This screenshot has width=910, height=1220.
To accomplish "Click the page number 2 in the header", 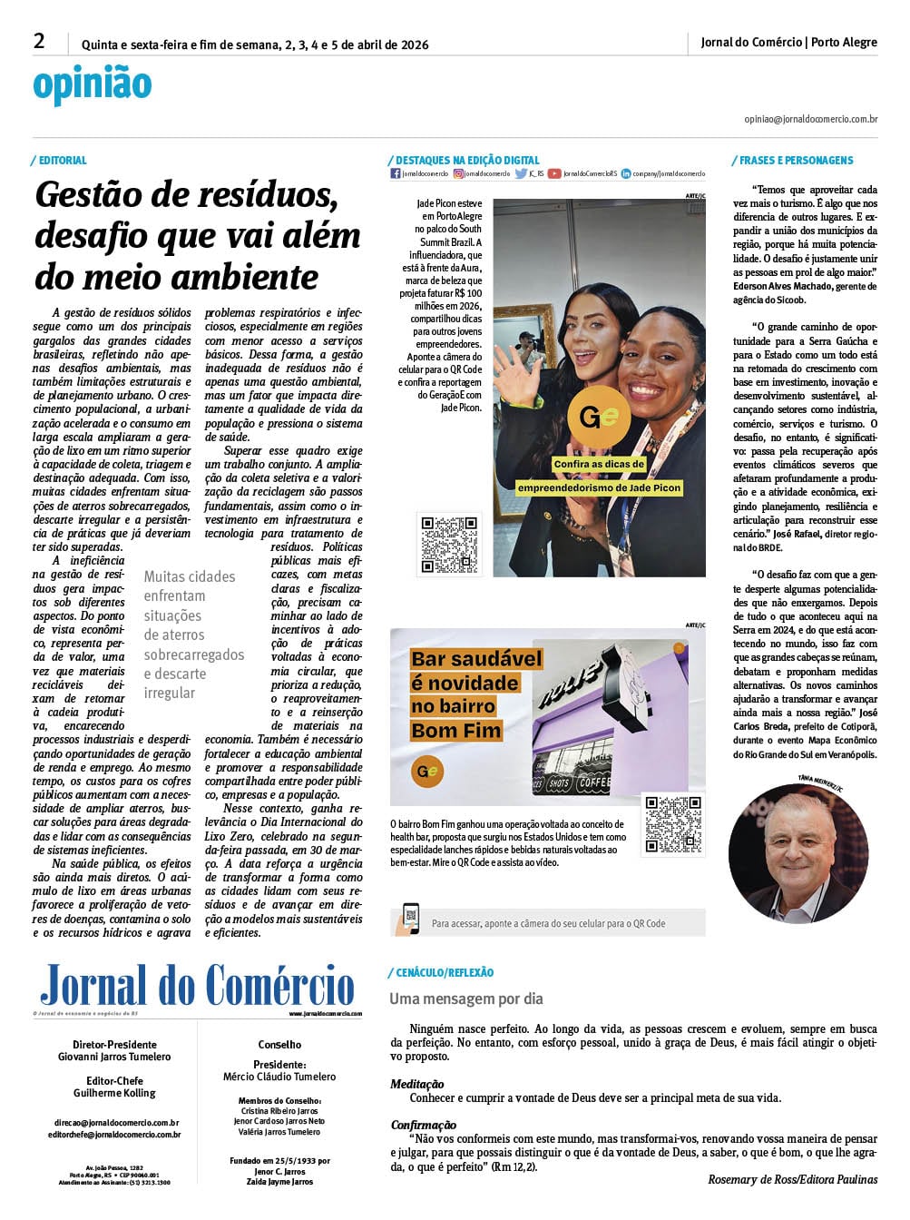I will tap(39, 41).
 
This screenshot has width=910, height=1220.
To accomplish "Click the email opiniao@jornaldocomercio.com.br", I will tap(810, 119).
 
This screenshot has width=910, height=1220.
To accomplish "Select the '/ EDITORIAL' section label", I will tap(61, 161).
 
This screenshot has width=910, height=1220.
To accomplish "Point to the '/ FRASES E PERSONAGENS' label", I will tap(794, 161).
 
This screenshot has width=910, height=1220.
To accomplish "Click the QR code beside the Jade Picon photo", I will tap(448, 545).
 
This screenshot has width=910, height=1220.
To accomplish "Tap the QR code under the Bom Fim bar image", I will tap(673, 823).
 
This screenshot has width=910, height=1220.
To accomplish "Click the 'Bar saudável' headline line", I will tap(476, 659).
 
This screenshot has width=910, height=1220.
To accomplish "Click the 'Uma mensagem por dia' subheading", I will tap(466, 999).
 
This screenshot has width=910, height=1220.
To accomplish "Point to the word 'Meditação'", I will tap(417, 1084).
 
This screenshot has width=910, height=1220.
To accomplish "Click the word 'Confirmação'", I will tap(424, 1125).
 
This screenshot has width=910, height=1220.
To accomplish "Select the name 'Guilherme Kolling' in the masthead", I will tap(114, 1093).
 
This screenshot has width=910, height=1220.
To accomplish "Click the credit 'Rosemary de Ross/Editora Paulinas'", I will tap(793, 1179).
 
